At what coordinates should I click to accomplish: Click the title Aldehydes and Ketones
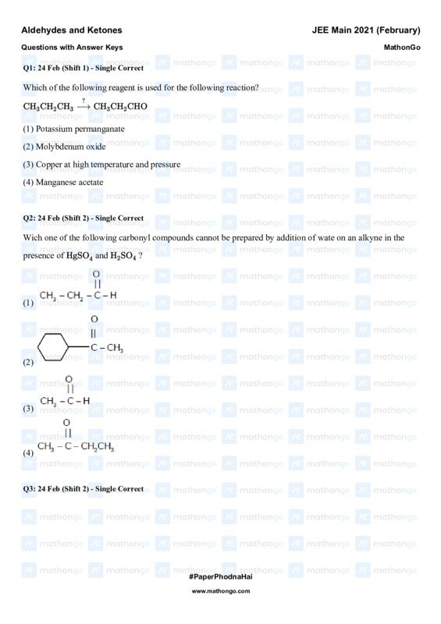point(71,30)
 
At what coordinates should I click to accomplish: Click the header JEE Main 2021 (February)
point(365,30)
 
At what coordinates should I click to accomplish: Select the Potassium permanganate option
point(73,128)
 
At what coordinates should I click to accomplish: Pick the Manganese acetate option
point(67,182)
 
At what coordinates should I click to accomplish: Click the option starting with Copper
point(101,165)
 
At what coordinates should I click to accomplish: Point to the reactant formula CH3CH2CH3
point(48,107)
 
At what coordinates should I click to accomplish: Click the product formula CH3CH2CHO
point(120,107)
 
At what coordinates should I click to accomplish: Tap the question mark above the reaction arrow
point(83,101)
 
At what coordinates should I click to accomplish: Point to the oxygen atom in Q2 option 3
point(69,379)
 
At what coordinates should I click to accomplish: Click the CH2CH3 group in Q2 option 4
point(98,447)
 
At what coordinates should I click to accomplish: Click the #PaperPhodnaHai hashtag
point(220,576)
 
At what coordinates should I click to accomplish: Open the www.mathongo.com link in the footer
point(220,591)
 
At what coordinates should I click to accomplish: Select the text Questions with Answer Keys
point(72,48)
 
